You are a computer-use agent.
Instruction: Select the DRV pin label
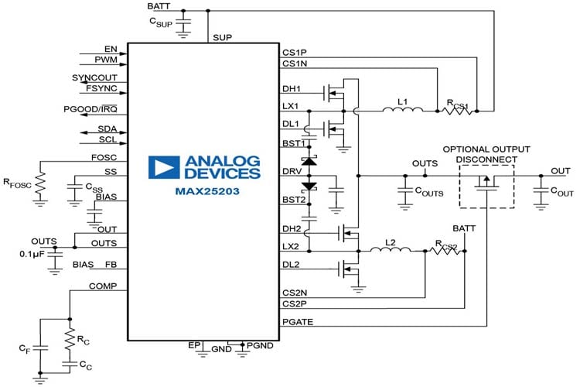[x=292, y=171]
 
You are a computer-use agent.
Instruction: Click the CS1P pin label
[x=295, y=53]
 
